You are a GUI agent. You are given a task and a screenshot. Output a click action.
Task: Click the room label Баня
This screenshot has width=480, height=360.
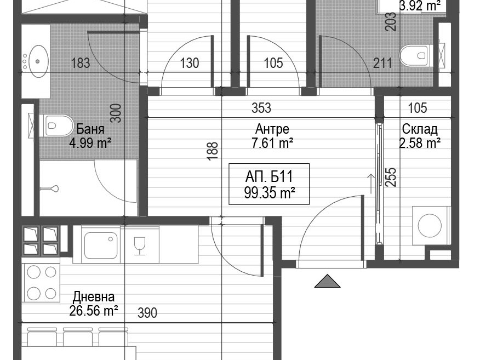point(90,129)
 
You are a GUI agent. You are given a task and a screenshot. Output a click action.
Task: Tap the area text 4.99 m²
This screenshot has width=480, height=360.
point(90,143)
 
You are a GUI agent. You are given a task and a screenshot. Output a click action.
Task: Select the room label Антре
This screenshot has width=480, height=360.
point(272,129)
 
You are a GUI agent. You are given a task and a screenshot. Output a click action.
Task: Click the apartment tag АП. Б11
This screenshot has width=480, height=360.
point(269,176)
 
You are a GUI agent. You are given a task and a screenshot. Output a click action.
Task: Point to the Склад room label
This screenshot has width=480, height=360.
point(419,129)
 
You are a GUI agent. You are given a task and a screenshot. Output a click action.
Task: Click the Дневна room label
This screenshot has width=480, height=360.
point(94,296)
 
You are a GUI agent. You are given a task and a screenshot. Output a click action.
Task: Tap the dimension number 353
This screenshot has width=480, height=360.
point(261,108)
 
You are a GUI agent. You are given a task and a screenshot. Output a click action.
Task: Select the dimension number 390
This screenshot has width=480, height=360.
point(147,313)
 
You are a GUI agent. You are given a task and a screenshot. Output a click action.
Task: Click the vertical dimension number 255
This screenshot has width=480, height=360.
point(391,177)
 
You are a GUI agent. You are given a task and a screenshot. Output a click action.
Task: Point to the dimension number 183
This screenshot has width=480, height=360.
point(81,63)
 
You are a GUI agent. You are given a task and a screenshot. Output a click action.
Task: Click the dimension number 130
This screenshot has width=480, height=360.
point(190,63)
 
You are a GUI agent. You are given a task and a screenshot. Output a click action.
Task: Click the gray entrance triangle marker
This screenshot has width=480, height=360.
point(327,281)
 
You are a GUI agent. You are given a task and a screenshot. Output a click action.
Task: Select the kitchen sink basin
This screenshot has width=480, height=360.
point(101,245)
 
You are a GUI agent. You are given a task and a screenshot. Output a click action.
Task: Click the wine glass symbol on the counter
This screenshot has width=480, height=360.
point(140,245)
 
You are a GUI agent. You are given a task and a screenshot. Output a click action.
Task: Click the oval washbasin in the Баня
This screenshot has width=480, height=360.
point(37,61)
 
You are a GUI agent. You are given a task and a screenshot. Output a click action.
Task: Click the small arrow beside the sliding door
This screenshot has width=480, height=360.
point(371,184)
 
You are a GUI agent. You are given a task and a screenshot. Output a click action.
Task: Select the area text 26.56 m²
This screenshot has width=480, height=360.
point(94,311)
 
